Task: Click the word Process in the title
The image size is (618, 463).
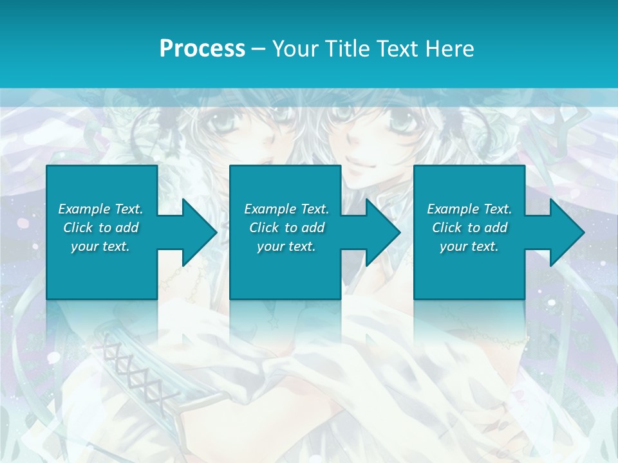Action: click(202, 49)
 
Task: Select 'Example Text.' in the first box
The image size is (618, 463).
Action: click(100, 209)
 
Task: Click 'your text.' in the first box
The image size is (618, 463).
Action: click(100, 246)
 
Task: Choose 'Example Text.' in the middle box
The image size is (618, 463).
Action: click(286, 209)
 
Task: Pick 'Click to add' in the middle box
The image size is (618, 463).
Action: click(286, 228)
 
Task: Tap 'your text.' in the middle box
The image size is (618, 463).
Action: click(286, 246)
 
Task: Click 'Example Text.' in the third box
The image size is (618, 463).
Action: click(469, 209)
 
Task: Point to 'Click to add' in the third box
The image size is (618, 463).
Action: click(469, 228)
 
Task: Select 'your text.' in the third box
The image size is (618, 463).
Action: click(469, 246)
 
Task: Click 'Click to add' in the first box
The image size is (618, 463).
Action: click(100, 228)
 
